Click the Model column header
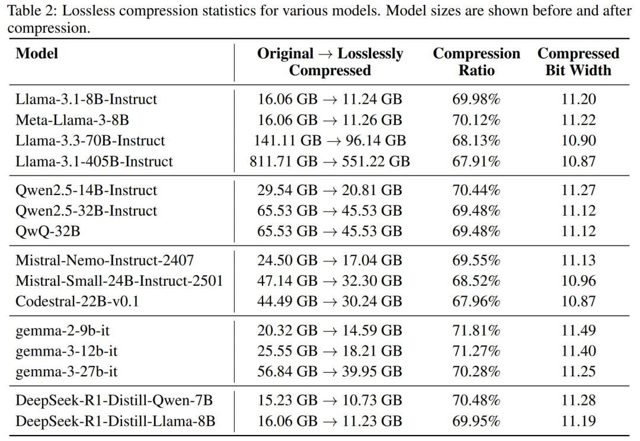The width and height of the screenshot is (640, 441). coord(37,53)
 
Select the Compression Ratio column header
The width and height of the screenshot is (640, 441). coord(476,62)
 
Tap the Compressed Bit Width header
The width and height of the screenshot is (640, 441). coord(578,62)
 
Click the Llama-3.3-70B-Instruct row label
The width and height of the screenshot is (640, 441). coord(90,140)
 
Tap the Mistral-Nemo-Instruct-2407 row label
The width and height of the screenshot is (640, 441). coord(104,260)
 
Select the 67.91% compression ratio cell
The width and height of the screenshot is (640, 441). coord(476,161)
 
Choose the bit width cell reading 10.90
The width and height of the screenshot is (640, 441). coord(578,140)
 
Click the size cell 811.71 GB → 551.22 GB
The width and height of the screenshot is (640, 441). coord(329,161)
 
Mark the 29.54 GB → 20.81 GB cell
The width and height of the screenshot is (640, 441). coord(329,190)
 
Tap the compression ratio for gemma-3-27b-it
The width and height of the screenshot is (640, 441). coord(476,372)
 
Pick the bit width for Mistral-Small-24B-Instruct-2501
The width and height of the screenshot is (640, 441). coord(578,280)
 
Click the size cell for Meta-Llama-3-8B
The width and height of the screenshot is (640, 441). coord(329,120)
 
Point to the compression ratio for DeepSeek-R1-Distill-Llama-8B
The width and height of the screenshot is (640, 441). coord(476,421)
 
